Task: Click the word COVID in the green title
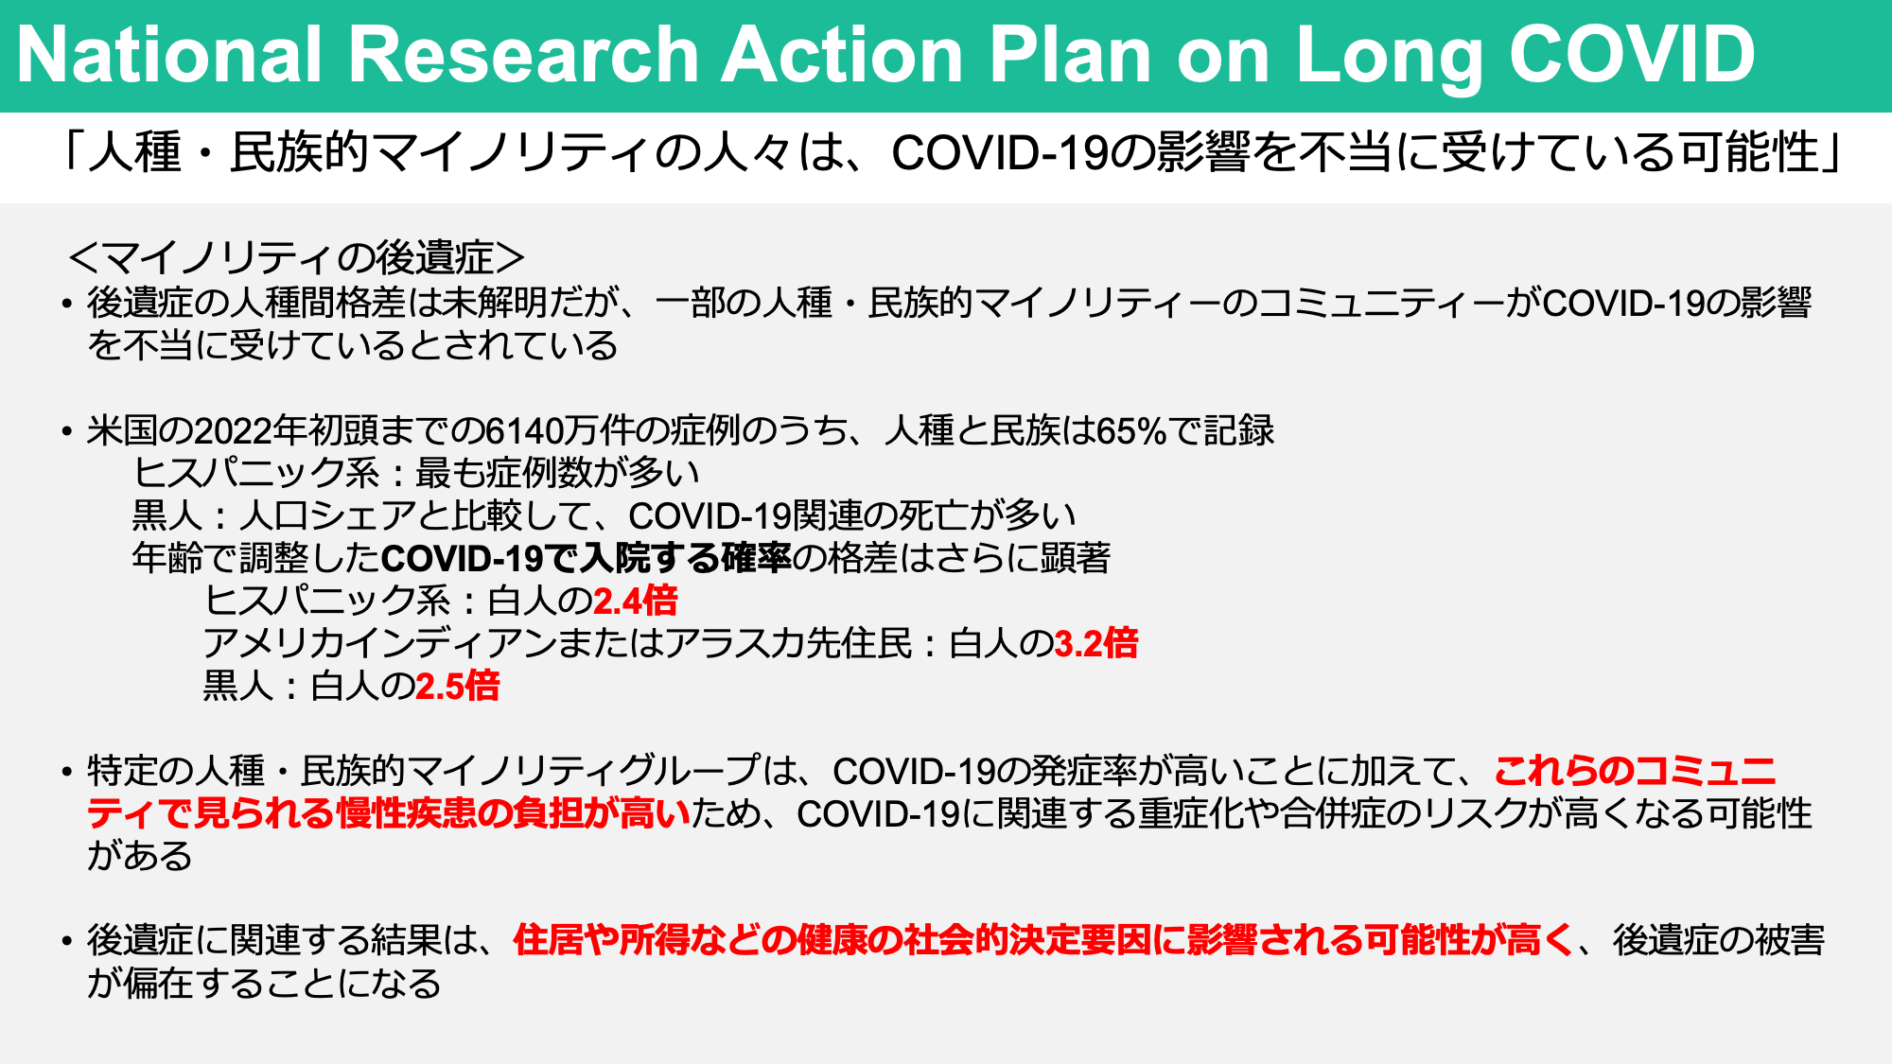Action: click(1632, 55)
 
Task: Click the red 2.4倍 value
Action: click(635, 601)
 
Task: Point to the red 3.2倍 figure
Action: click(1095, 643)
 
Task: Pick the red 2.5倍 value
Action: click(457, 686)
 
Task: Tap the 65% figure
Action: click(1131, 430)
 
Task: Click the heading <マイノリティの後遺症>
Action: click(297, 257)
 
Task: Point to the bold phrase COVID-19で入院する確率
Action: click(586, 558)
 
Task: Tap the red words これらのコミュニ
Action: click(1635, 771)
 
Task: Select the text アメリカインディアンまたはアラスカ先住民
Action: click(557, 643)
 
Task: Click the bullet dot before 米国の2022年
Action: click(66, 432)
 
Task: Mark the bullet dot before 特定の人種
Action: click(66, 773)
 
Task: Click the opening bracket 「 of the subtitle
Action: click(72, 152)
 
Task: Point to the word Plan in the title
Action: click(1071, 55)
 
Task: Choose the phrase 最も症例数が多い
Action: click(557, 473)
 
